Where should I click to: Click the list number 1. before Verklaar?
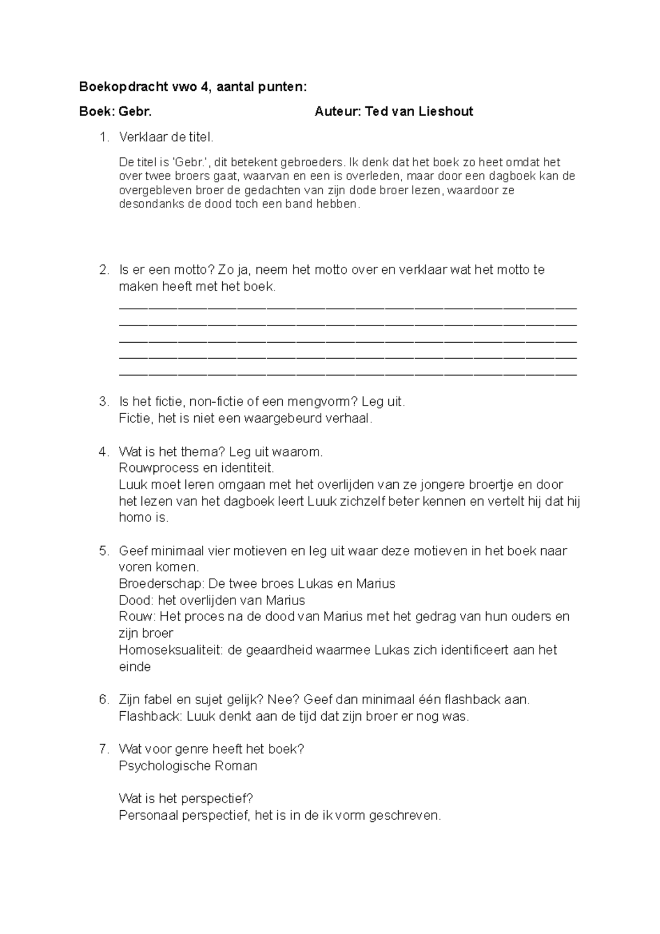(105, 137)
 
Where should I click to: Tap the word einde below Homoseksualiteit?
(135, 667)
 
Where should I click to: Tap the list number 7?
(105, 749)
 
